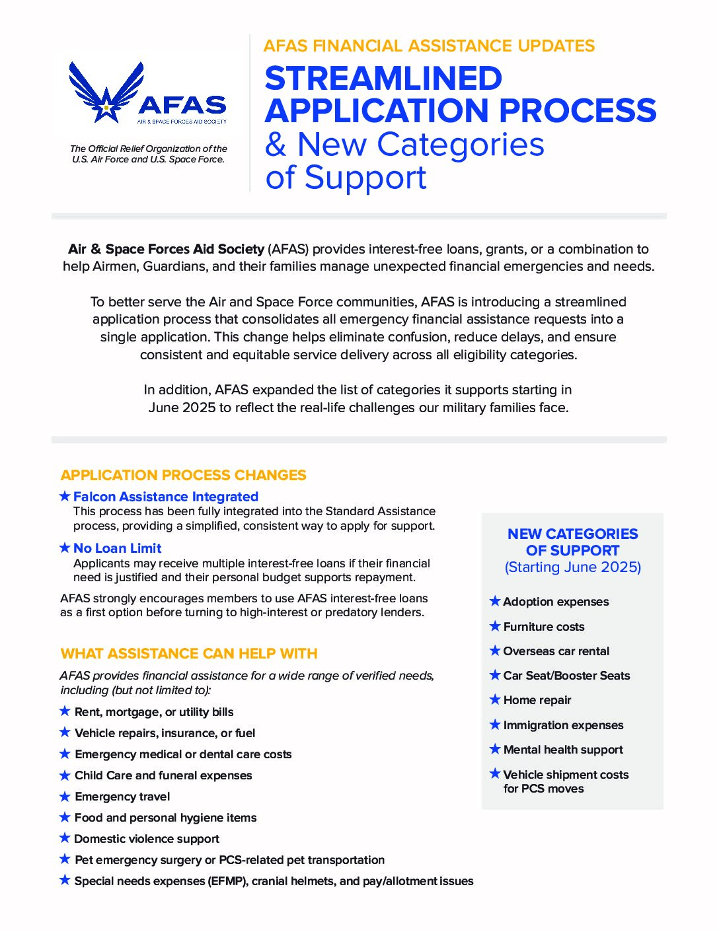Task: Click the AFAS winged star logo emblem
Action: pos(106,92)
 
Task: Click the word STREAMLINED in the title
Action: pos(383,79)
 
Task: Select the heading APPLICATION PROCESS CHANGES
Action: pos(183,475)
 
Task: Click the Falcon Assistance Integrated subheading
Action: pos(165,497)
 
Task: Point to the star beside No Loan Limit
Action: pos(65,548)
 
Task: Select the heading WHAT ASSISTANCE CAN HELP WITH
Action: pos(189,653)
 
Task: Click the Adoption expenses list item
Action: pos(556,602)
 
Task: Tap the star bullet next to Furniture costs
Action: pos(495,626)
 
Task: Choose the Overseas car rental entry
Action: pos(556,651)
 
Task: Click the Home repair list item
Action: pos(537,700)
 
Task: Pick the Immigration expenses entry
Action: pos(563,725)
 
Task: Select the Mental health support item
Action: pos(563,750)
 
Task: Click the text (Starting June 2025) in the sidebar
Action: pos(573,567)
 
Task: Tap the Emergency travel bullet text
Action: pos(122,797)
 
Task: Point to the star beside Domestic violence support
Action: pos(65,838)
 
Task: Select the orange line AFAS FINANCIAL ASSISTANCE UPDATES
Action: pos(429,46)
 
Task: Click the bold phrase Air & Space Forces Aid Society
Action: pos(166,249)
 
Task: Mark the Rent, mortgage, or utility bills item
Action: pos(154,712)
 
